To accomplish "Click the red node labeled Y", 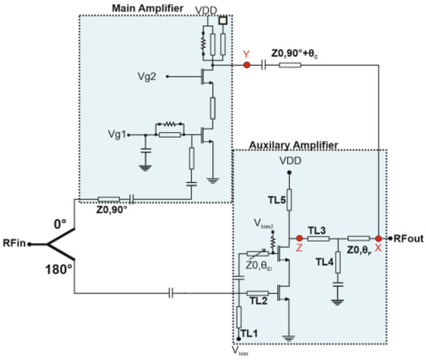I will tap(247, 66).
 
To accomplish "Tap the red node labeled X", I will tap(378, 238).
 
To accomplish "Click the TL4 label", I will tap(325, 261).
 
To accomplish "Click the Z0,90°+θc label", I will tap(296, 54).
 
